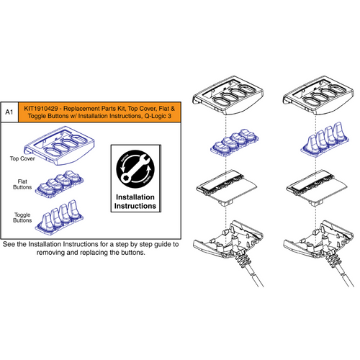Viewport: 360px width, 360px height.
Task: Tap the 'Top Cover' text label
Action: pos(24,157)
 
